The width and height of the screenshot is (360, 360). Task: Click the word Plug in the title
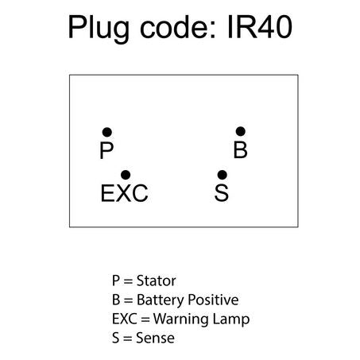99,29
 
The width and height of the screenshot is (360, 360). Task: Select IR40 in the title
260,27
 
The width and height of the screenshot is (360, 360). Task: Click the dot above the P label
107,132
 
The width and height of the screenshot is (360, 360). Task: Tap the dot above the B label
240,131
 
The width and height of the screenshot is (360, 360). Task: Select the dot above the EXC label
126,175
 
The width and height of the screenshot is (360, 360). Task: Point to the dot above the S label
222,175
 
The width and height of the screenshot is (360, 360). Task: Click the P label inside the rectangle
106,150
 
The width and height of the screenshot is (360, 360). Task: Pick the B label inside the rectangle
240,149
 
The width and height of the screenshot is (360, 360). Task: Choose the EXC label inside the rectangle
124,193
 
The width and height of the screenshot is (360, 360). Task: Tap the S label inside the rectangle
222,193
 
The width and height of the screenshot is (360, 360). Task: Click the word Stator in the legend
156,281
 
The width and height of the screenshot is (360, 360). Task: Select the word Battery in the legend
161,300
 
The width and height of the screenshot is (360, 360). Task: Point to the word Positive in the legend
213,300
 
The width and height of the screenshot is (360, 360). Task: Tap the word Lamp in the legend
231,319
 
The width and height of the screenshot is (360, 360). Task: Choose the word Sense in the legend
155,338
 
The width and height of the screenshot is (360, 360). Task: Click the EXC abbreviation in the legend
125,319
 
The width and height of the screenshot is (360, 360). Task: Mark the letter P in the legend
116,281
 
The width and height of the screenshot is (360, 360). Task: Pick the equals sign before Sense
127,339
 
